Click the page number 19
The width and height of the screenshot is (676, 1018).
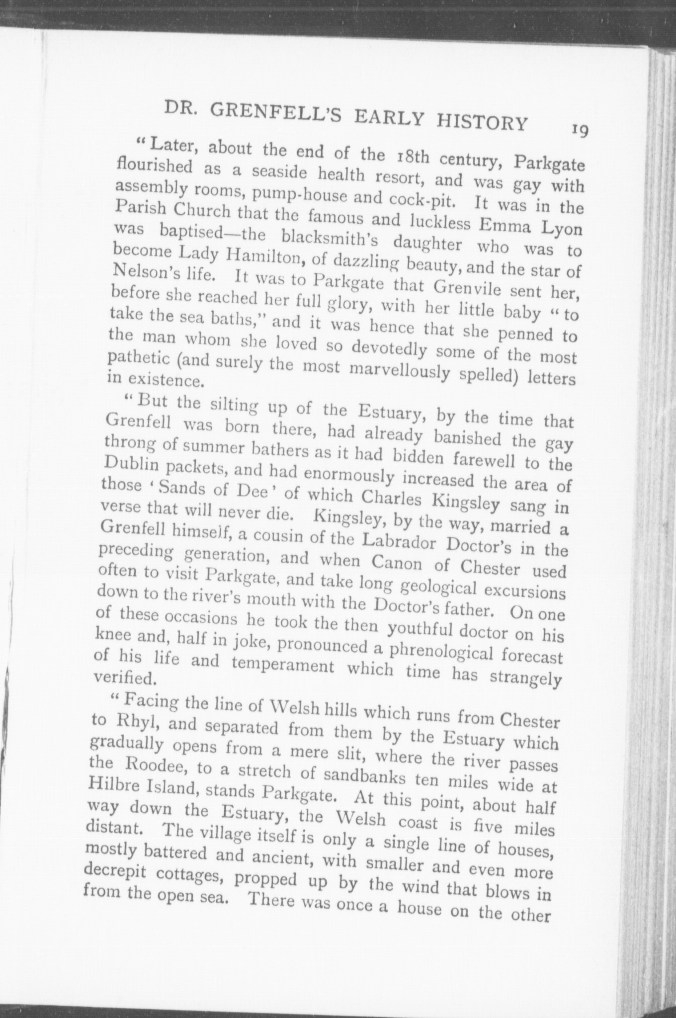pos(580,130)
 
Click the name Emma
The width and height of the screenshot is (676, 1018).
pos(507,227)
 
